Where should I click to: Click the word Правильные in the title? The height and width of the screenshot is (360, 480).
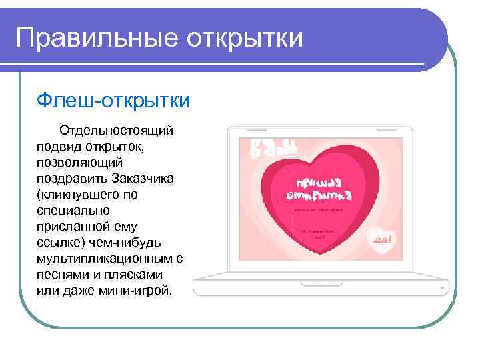click(x=86, y=37)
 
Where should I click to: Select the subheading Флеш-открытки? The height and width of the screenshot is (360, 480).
click(x=113, y=101)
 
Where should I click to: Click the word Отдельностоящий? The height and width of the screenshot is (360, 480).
click(x=117, y=129)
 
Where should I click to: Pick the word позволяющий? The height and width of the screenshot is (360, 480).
click(x=80, y=161)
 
